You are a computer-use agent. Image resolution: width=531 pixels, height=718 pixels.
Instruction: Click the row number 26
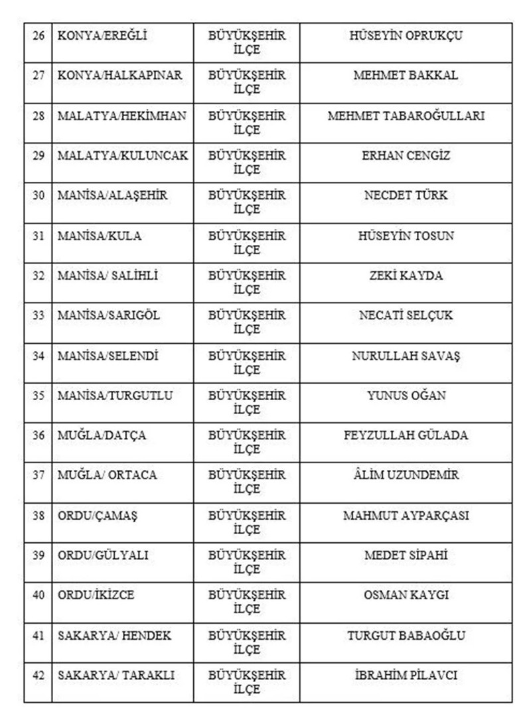tap(38, 36)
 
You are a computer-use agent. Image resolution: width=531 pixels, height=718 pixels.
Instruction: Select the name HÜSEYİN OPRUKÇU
tap(406, 36)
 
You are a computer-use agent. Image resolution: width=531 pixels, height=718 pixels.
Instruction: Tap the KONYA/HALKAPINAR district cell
tap(119, 76)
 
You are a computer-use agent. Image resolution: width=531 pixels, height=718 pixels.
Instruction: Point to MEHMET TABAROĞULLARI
tap(406, 116)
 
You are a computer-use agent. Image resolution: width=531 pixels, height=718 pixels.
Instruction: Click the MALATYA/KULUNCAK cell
tap(123, 156)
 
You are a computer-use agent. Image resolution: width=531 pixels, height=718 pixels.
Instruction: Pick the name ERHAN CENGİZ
tap(406, 156)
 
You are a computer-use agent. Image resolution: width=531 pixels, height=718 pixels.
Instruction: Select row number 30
tap(38, 196)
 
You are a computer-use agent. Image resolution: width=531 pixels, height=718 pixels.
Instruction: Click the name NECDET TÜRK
tap(406, 196)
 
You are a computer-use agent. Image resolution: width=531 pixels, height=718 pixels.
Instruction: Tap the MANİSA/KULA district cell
tap(100, 236)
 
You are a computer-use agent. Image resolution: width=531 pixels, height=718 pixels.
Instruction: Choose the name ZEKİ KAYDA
tap(406, 276)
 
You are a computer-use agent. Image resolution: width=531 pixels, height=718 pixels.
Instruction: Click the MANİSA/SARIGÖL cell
tap(109, 316)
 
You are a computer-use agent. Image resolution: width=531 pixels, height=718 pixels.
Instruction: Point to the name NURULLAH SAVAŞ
tap(406, 356)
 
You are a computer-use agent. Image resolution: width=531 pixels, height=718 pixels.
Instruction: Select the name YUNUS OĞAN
tap(406, 395)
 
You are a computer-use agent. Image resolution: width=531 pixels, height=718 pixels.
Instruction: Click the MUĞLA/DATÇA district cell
tap(102, 435)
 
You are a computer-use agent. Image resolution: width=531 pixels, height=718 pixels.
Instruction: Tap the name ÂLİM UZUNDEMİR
tap(406, 475)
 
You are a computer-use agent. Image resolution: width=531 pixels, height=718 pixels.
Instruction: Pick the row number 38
tap(38, 516)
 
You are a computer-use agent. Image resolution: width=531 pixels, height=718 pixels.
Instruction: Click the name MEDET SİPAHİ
tap(406, 555)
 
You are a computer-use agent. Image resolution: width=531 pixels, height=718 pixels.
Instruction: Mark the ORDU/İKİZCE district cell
tap(96, 595)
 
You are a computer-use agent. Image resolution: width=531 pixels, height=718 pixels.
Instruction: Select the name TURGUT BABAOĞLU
tap(406, 636)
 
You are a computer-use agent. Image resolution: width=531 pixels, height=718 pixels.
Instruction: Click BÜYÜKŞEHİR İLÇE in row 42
tap(247, 682)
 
